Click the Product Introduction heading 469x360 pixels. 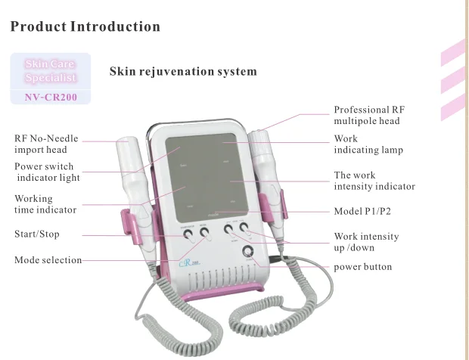85,27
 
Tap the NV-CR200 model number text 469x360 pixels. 51,97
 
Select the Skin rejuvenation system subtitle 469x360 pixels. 183,72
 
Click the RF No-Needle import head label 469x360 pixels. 46,144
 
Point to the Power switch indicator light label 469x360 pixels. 47,172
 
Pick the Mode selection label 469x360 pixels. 48,260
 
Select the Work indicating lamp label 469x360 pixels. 368,144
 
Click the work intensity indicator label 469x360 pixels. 374,181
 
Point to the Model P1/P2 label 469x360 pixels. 366,211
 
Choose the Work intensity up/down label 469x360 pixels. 366,242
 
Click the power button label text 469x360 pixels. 363,267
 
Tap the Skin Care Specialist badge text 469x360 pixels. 51,71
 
